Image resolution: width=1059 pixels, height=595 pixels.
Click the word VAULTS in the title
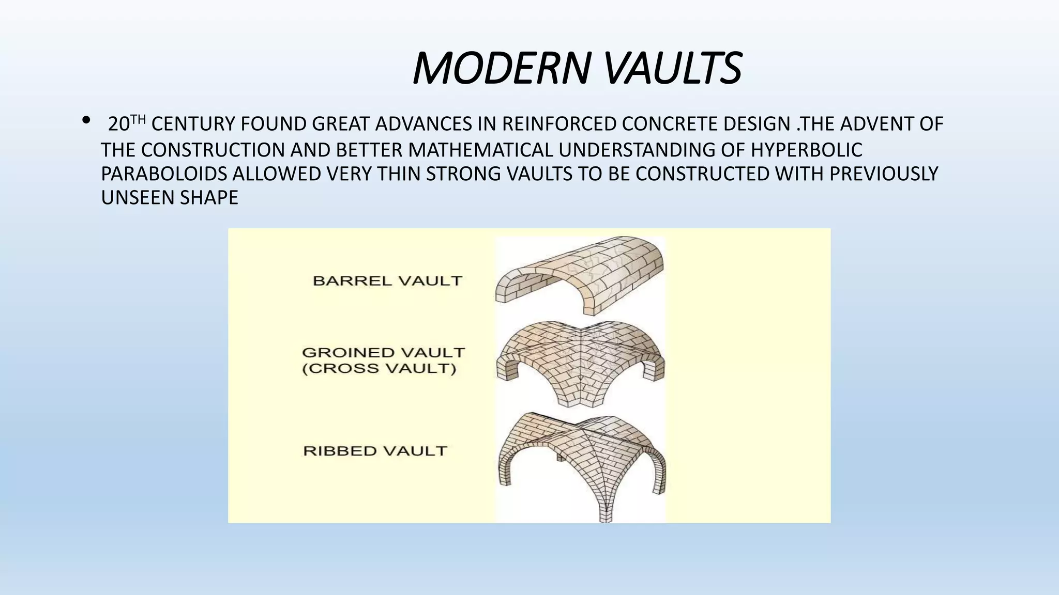pyautogui.click(x=672, y=68)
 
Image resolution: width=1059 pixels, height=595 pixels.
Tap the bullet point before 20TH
pyautogui.click(x=86, y=121)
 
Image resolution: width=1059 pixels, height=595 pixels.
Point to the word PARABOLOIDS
pyautogui.click(x=164, y=174)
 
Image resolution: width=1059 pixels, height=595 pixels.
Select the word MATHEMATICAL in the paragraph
pyautogui.click(x=480, y=150)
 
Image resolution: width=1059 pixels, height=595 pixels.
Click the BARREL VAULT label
pyautogui.click(x=387, y=281)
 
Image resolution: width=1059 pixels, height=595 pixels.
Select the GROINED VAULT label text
pyautogui.click(x=383, y=353)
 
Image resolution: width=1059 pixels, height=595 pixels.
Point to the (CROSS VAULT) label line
pyautogui.click(x=379, y=369)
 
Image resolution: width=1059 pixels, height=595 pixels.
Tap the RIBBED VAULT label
pyautogui.click(x=375, y=451)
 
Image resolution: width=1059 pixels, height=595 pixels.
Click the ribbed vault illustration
pyautogui.click(x=581, y=460)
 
